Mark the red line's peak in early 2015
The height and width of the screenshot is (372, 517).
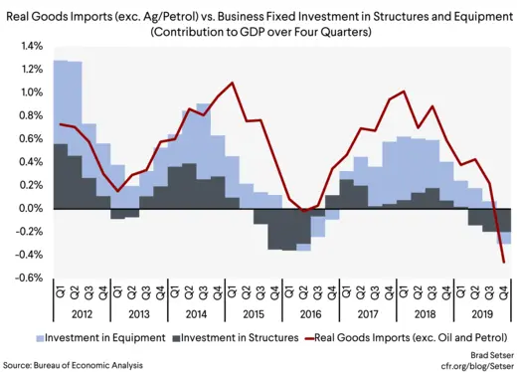point(232,83)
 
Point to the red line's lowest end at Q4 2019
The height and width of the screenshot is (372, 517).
point(504,263)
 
